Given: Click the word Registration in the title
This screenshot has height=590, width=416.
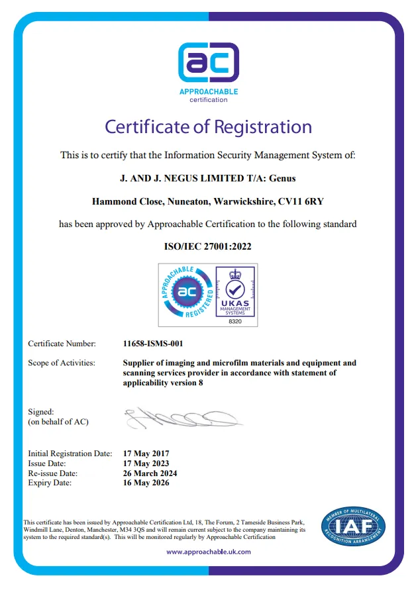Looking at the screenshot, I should coord(260,126).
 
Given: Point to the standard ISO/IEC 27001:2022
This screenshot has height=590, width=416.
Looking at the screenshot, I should coord(207,246).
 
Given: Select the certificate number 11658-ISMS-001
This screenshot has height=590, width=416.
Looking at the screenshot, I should coord(153,344).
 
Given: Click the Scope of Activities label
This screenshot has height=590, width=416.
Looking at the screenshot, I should coord(61,363).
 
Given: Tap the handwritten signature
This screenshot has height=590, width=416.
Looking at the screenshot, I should coord(182,417).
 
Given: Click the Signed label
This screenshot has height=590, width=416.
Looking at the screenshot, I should coord(41,412).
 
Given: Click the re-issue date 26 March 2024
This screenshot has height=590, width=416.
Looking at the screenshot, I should coord(150,473).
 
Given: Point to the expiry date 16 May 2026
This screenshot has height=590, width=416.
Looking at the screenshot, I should coord(146,483).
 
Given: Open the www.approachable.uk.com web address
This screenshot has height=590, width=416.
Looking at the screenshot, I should coord(208,552).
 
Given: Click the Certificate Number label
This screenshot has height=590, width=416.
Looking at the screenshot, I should coord(62,344).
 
